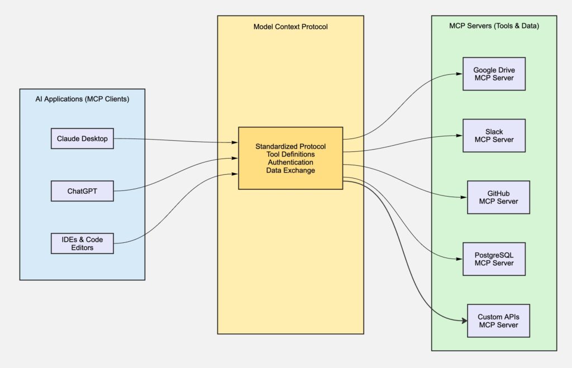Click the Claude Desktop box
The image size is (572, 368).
[82, 138]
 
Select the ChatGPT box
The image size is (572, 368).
[82, 191]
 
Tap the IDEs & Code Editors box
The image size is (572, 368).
[82, 243]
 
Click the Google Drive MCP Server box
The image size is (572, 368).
[494, 74]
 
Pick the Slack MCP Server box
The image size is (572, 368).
[494, 136]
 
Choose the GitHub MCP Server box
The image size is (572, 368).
[498, 197]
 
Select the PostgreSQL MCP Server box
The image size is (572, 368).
[494, 259]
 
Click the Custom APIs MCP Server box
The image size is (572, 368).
[498, 321]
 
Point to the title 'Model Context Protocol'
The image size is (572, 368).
[290, 26]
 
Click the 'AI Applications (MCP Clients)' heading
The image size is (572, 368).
[82, 99]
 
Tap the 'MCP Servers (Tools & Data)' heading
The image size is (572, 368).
[494, 26]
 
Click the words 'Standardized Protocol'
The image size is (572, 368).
[290, 146]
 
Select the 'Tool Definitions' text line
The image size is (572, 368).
[290, 154]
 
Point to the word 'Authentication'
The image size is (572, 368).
[290, 163]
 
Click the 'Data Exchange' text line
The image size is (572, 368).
[290, 170]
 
